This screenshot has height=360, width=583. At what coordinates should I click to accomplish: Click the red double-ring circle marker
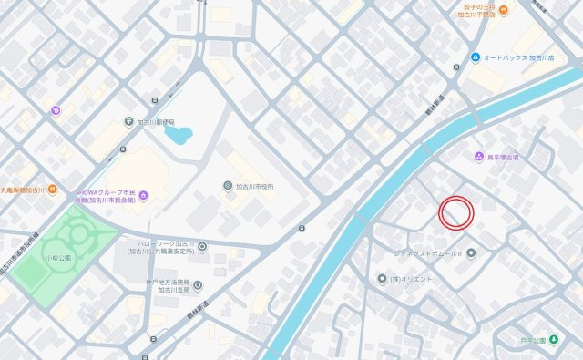coord(456,212)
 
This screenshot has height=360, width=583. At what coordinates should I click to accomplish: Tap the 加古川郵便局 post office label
coord(163,122)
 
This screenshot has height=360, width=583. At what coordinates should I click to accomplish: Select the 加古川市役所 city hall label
coord(255,186)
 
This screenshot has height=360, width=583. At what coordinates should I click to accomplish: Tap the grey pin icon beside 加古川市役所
coord(228,186)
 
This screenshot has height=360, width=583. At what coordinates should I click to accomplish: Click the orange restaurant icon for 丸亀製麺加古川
coord(53,190)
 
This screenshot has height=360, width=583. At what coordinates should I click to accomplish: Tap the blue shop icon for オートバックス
coord(475,57)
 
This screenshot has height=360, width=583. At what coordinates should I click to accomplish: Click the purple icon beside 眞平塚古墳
coord(478,157)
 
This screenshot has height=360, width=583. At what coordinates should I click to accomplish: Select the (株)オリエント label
coord(413,278)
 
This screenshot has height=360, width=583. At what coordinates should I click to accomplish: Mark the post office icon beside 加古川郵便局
coord(129,122)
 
